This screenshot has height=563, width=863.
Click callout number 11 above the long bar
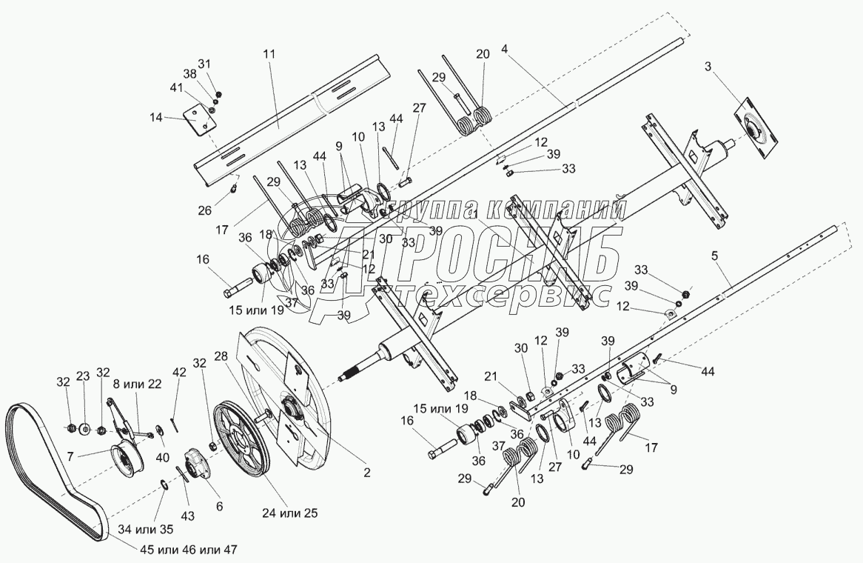(x=269, y=53)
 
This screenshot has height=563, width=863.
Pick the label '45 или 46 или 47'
(x=189, y=549)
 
